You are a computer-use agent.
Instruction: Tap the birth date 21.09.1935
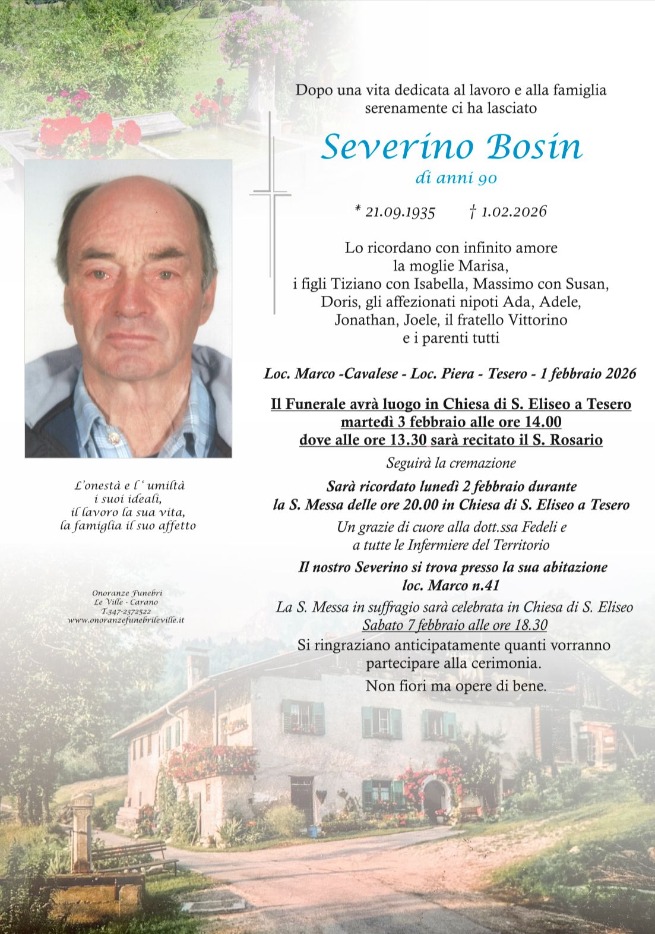click(399, 212)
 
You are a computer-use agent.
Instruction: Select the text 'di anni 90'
click(456, 178)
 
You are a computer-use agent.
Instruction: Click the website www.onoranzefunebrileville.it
click(126, 620)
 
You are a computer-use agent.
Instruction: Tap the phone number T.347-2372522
click(126, 611)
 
